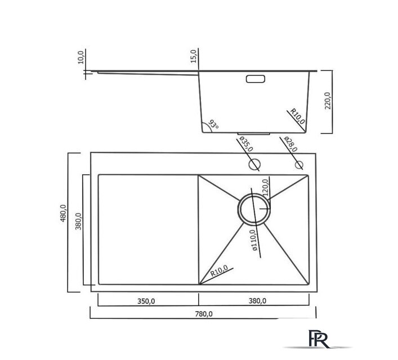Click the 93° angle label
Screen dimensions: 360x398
pyautogui.click(x=213, y=124)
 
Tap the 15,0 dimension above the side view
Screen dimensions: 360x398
pyautogui.click(x=193, y=57)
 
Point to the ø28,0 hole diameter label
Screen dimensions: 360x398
pyautogui.click(x=290, y=145)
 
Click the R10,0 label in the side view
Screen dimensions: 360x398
pyautogui.click(x=297, y=116)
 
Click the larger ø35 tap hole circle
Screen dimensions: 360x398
pyautogui.click(x=254, y=165)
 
